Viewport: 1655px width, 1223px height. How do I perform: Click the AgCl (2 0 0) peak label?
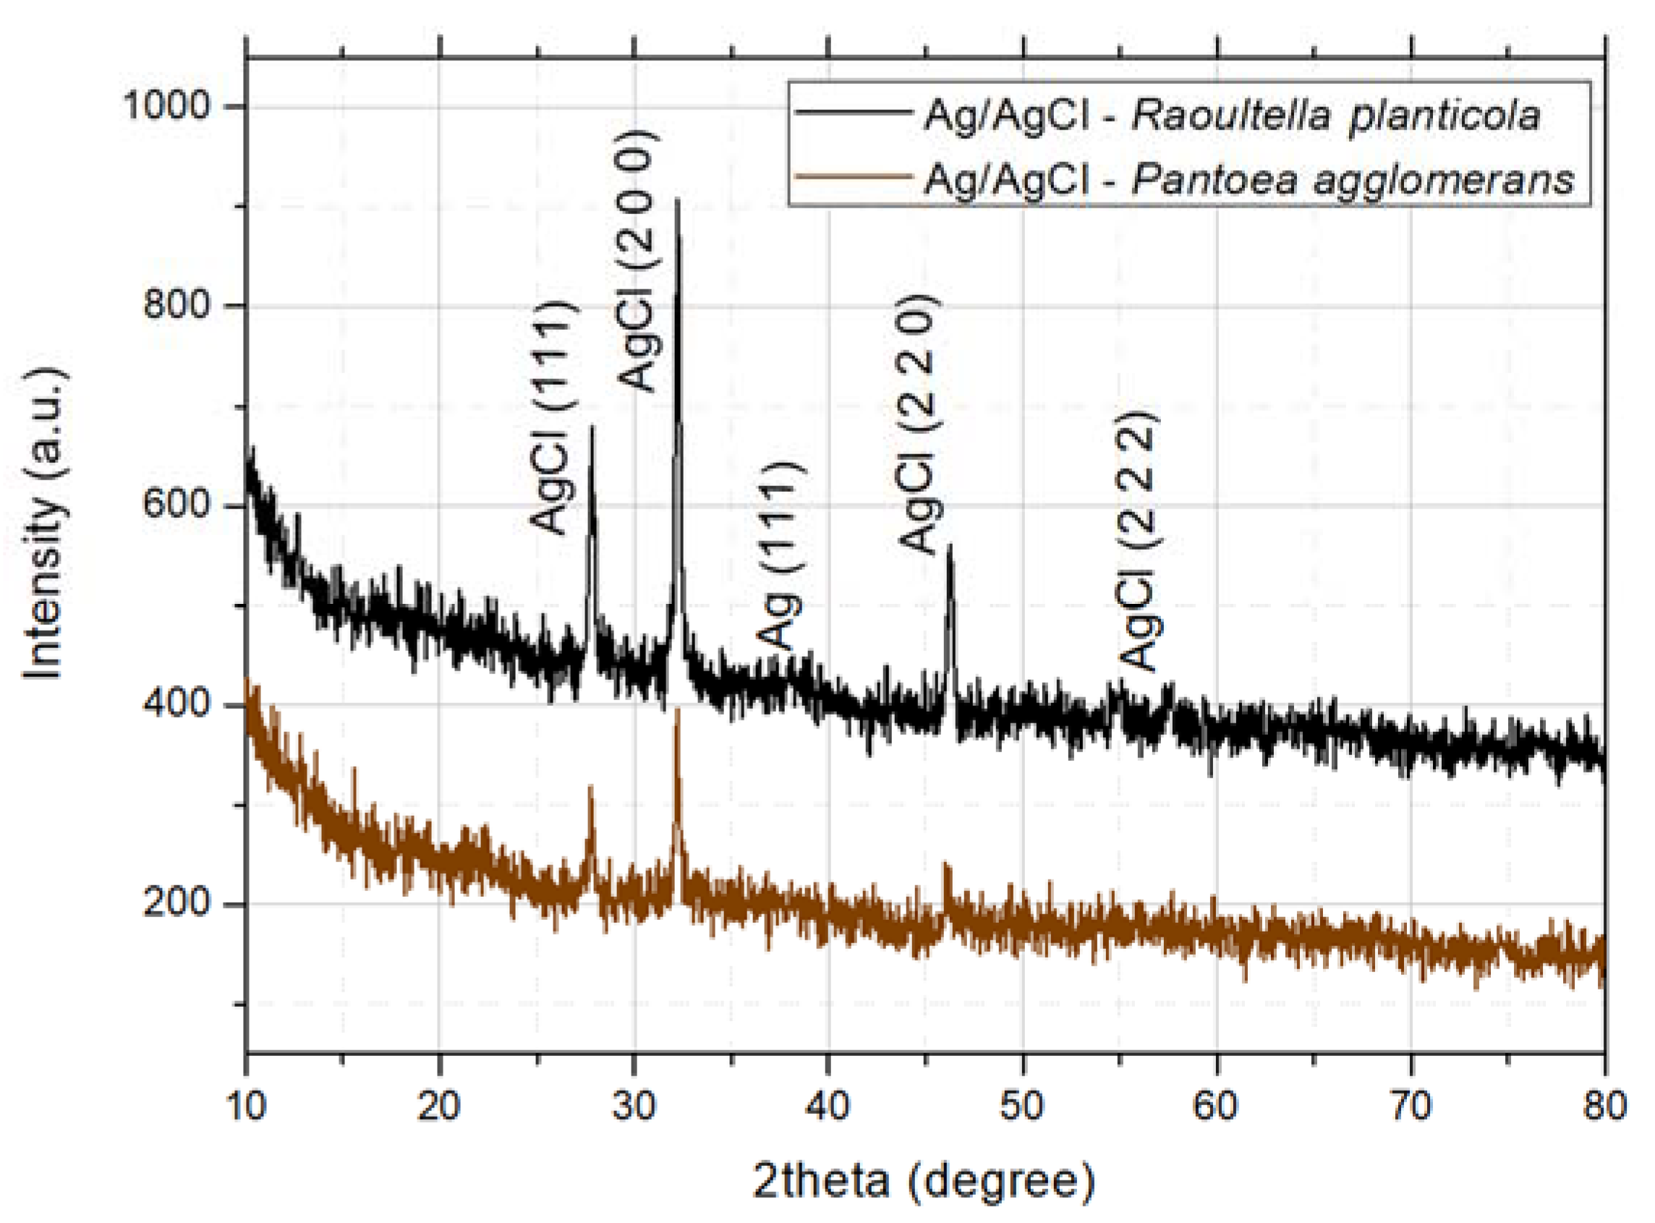637,260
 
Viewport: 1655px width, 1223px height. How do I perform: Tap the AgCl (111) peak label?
552,417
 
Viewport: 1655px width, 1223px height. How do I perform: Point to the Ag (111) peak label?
779,556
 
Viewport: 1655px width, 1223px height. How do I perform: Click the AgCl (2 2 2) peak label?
1138,541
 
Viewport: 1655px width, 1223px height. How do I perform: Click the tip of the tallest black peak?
677,200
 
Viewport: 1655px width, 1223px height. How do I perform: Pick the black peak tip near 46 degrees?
950,546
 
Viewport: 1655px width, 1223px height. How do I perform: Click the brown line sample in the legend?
852,177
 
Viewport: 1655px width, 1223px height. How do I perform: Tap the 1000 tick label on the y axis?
167,105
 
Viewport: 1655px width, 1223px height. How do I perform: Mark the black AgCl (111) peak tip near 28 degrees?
592,427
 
